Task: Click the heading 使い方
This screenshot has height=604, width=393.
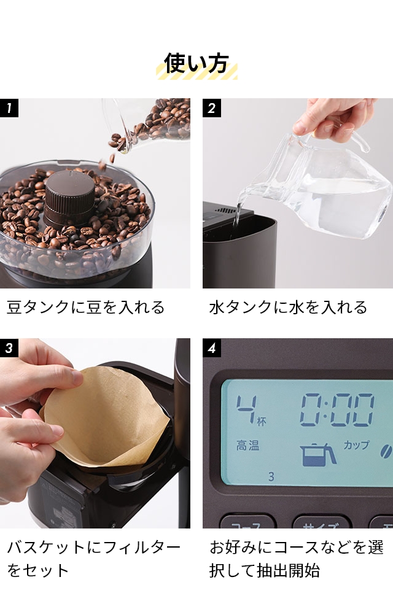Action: coord(196,63)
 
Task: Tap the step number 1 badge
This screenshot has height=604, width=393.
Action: coord(9,108)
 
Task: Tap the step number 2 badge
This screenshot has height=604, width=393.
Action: coord(212,108)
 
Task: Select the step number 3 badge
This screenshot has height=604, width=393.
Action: coord(9,348)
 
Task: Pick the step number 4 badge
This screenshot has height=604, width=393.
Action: coord(212,348)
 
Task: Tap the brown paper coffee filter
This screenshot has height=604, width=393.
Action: coord(104,417)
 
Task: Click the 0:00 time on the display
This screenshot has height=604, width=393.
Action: coord(337,411)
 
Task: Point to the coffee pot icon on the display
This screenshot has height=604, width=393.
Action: coord(318,454)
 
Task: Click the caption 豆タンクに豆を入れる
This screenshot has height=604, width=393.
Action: coord(86,307)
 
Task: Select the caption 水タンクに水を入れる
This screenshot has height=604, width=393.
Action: coord(288,307)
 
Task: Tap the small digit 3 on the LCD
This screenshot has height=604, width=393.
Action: coord(271,476)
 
